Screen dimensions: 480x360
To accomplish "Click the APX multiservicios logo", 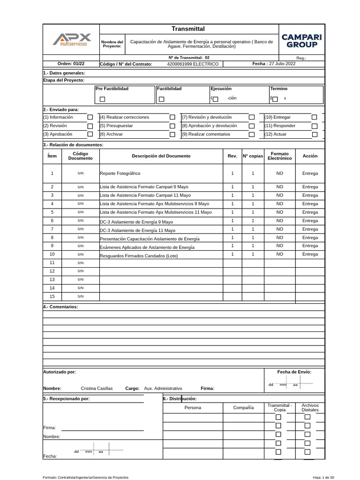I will [72, 39].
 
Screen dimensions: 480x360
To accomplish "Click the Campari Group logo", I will [302, 41].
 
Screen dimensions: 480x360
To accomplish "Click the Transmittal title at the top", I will [188, 30].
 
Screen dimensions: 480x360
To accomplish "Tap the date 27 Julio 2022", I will [280, 64].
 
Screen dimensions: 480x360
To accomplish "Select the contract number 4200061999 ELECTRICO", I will [193, 64].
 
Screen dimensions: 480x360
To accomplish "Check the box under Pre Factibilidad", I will [103, 99].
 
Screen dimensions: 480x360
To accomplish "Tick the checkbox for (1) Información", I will [90, 117].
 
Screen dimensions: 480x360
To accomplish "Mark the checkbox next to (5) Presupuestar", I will [172, 126].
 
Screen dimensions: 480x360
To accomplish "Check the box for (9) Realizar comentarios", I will [252, 134].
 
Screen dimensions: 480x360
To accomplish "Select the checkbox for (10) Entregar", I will [315, 117].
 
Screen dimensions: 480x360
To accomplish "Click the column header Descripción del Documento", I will [161, 156].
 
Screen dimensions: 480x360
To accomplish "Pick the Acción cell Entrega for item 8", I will [310, 237].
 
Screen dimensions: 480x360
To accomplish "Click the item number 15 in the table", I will [52, 296].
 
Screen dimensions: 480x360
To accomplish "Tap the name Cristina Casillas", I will [97, 389].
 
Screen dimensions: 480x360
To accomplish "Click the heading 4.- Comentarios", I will [60, 307].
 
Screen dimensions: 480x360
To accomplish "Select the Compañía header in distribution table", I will [243, 408].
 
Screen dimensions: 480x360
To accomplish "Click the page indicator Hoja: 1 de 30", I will [323, 477].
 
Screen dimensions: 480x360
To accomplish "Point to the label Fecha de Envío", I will [294, 372].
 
